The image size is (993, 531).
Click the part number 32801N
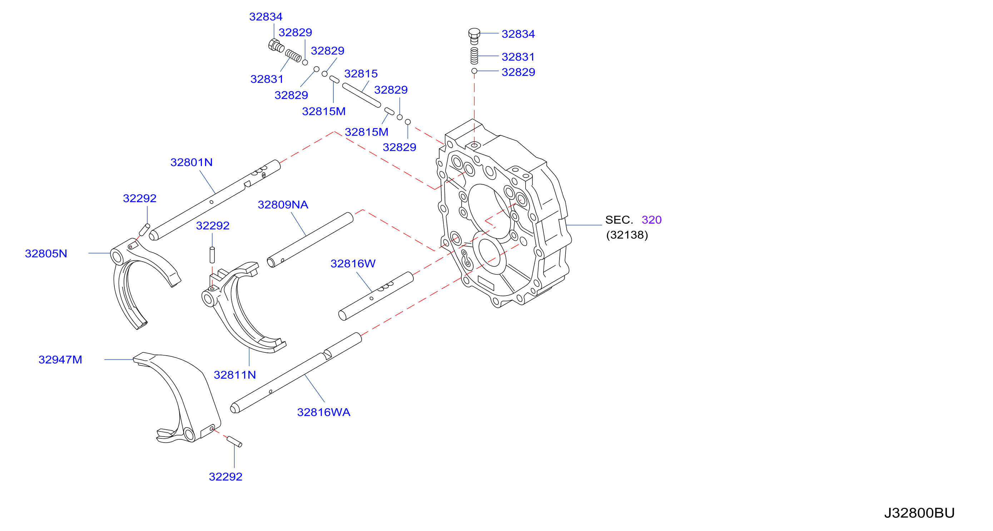point(191,162)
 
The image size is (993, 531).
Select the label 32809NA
point(283,205)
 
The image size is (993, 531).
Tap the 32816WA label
point(323,412)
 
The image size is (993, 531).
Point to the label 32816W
point(353,264)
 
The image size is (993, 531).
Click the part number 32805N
point(46,254)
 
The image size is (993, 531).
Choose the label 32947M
point(60,360)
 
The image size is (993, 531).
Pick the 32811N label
point(234,375)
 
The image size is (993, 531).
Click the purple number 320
point(651,220)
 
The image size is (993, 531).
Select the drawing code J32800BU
point(919,513)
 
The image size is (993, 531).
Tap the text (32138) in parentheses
point(627,235)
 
